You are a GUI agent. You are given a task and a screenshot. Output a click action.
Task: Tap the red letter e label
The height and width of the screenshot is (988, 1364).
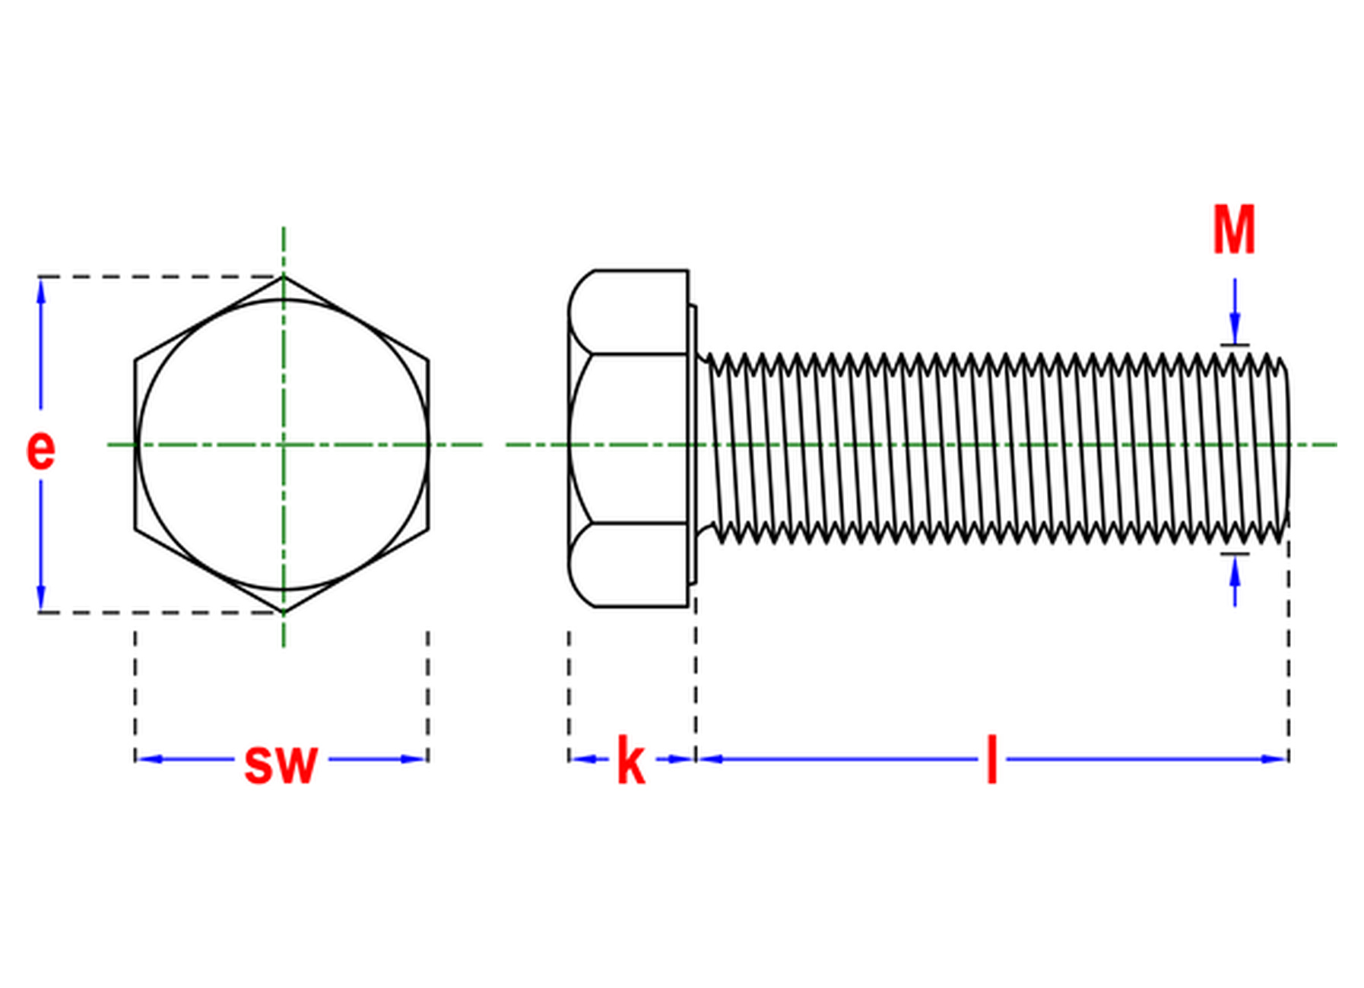click(x=40, y=449)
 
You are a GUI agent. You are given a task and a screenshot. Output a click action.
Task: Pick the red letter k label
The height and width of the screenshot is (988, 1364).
click(x=630, y=759)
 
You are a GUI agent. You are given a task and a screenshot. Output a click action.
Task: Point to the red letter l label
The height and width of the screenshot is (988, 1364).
click(x=991, y=758)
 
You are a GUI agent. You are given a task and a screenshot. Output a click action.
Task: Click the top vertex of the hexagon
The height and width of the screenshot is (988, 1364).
click(x=284, y=276)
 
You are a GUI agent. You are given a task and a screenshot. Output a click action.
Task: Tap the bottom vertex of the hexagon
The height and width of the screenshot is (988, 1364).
click(x=284, y=612)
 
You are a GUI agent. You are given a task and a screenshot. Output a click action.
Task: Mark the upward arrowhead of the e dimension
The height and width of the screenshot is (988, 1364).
click(x=41, y=293)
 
